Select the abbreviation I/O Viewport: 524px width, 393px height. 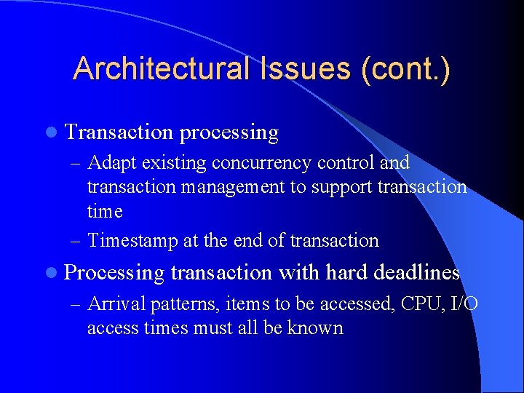click(x=464, y=303)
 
